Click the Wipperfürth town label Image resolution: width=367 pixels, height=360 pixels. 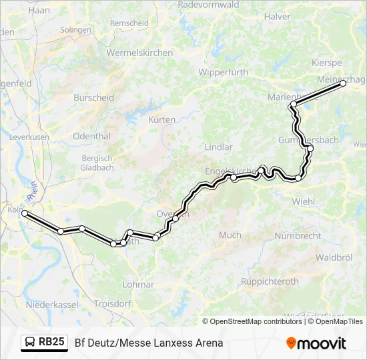pyautogui.click(x=223, y=72)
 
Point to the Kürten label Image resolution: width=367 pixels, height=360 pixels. pyautogui.click(x=162, y=120)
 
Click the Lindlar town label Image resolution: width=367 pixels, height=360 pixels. pyautogui.click(x=219, y=147)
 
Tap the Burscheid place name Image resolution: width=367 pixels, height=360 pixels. pyautogui.click(x=93, y=97)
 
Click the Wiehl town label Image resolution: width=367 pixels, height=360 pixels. pyautogui.click(x=304, y=201)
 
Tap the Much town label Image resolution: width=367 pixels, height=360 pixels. pyautogui.click(x=230, y=235)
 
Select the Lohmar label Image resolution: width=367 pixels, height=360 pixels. pyautogui.click(x=138, y=284)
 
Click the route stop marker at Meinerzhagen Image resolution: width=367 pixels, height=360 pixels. pyautogui.click(x=343, y=83)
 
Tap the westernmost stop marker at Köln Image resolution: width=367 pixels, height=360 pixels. pyautogui.click(x=25, y=213)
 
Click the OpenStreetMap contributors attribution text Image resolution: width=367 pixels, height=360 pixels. pyautogui.click(x=256, y=321)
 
